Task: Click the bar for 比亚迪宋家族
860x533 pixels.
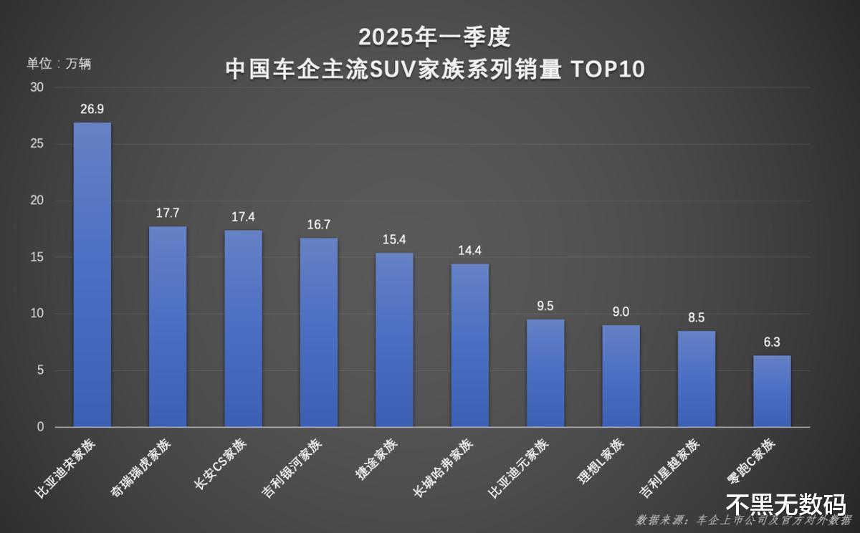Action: (92, 274)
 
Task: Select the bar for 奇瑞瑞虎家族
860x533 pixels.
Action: (168, 327)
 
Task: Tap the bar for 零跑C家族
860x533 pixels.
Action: (772, 391)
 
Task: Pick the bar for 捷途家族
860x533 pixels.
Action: (394, 340)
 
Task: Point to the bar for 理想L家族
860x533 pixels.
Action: (621, 376)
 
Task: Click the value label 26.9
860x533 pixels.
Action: (93, 110)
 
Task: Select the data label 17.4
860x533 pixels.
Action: (244, 217)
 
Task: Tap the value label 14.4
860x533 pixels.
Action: (470, 251)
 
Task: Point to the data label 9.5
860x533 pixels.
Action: (545, 306)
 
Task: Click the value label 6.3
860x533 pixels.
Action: (772, 342)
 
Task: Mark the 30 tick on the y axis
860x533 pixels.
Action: (37, 87)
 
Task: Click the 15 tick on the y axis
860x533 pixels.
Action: (37, 257)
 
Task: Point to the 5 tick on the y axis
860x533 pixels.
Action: (40, 370)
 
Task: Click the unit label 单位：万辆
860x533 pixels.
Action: (59, 64)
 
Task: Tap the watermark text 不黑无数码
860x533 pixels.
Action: (785, 504)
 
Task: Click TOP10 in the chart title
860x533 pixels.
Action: (608, 69)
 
